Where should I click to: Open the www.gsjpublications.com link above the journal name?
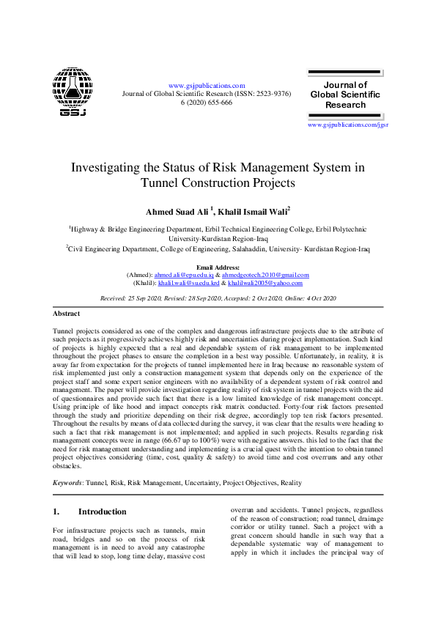coord(206,86)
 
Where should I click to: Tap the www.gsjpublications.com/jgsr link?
coord(347,125)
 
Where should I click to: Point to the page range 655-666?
coord(218,103)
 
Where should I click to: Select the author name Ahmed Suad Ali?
coord(177,212)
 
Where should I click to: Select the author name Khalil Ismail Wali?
coord(253,212)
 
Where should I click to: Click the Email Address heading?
coord(218,267)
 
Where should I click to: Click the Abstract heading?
coord(67,313)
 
